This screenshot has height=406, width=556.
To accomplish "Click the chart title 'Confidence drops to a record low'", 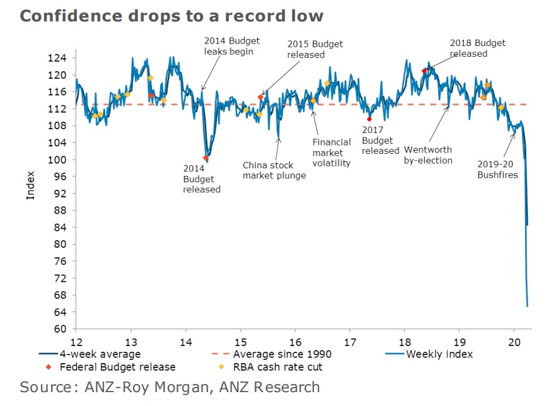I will click(171, 16).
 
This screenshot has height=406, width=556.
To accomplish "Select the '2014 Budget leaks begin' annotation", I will click(228, 46).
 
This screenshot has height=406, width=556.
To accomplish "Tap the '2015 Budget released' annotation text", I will click(315, 49).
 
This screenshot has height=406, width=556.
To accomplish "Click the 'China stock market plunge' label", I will click(274, 170).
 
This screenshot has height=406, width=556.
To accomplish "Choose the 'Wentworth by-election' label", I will click(428, 155).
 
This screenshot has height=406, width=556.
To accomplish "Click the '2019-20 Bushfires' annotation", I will click(497, 169).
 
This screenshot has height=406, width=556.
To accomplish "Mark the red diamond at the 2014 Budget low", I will click(206, 158).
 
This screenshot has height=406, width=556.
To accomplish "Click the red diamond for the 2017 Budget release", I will click(369, 119).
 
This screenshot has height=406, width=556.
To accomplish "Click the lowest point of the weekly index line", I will click(527, 306).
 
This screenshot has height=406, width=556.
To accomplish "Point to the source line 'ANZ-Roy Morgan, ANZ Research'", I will click(170, 386).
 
